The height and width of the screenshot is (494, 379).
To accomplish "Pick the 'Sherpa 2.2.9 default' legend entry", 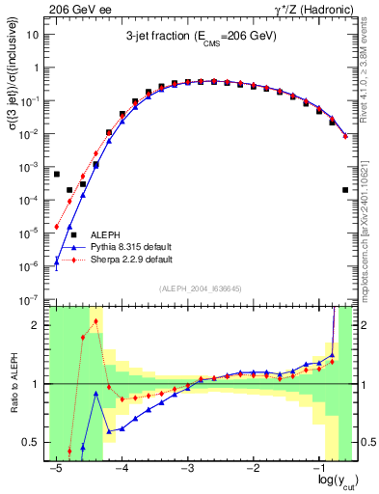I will [131, 260].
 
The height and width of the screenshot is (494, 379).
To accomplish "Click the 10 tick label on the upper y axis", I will [33, 35].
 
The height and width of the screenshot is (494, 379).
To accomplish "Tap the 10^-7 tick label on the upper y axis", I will [31, 300].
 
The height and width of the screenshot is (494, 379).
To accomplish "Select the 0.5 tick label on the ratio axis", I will [32, 443].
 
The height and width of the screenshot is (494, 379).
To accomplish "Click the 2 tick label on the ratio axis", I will [37, 325].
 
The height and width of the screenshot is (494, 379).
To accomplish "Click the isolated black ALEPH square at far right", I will [345, 190].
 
